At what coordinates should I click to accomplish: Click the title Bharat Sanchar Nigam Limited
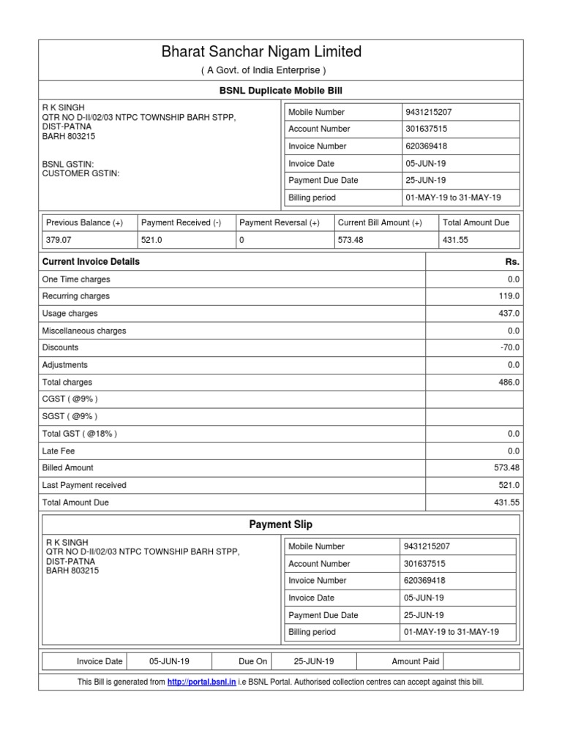261,52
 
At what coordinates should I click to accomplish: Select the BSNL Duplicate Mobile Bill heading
281,91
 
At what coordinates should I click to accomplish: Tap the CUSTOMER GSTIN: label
80,174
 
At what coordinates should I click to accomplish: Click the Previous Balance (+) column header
84,222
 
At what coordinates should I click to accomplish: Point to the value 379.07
59,239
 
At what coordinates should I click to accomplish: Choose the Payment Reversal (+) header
280,222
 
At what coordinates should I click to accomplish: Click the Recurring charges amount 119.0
509,296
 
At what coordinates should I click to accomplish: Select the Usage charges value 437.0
509,313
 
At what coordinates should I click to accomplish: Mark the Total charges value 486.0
509,382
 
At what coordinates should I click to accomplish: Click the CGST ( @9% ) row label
70,399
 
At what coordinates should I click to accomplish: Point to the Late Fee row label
59,451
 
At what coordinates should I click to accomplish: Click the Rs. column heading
512,262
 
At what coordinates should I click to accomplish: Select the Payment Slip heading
281,524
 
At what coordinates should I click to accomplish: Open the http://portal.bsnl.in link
201,682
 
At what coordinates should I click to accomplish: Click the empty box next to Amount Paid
481,661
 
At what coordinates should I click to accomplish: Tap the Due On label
252,661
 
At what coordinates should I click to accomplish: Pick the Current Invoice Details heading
91,262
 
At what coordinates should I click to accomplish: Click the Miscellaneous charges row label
84,331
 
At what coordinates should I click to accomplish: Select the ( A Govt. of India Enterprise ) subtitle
263,70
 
